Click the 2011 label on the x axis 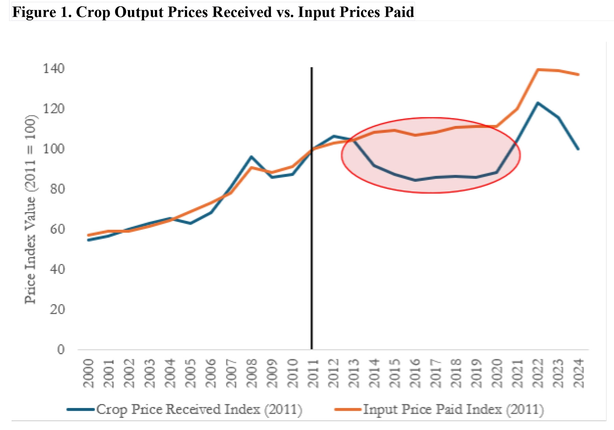[x=313, y=373]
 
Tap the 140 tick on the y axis [x=53, y=69]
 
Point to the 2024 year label [x=579, y=373]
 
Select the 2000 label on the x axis [x=88, y=373]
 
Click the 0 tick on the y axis [x=61, y=350]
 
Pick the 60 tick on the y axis [x=57, y=229]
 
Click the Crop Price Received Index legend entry [x=199, y=409]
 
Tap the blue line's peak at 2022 [x=538, y=103]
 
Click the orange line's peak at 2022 [x=538, y=70]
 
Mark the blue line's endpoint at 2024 [x=579, y=149]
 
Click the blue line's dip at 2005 [x=190, y=223]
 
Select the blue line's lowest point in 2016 [x=415, y=180]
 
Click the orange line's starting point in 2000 [x=88, y=235]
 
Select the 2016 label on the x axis [x=415, y=373]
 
